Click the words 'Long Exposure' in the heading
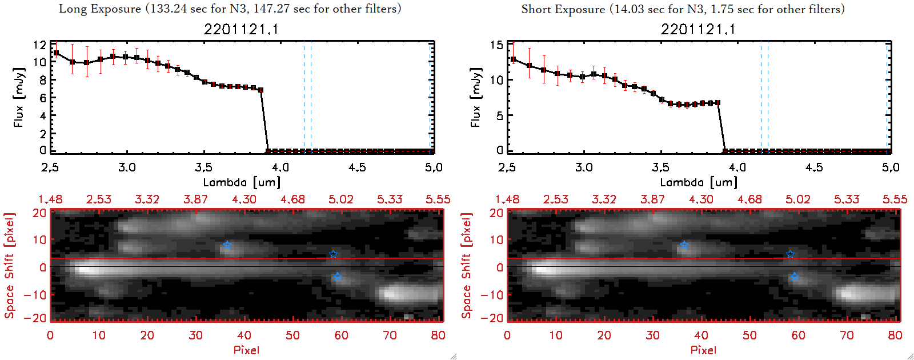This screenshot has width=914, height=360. [100, 9]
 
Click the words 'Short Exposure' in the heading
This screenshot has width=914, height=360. [563, 9]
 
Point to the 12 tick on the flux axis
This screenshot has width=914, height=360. [39, 45]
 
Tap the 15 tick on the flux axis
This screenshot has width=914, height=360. [496, 45]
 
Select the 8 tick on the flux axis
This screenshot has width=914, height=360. [43, 80]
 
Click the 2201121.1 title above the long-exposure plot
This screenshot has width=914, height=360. [241, 29]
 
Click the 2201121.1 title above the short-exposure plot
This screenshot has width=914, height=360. [698, 29]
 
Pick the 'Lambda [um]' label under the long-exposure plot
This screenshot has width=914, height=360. [242, 182]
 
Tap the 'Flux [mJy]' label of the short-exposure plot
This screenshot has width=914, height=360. [476, 97]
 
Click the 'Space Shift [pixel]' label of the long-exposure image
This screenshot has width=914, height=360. [10, 266]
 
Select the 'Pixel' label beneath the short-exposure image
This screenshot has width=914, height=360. [703, 350]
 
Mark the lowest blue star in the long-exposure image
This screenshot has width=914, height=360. [337, 277]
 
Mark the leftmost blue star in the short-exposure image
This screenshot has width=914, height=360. [684, 245]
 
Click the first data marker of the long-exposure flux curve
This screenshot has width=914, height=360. [56, 53]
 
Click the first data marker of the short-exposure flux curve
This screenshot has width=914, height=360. [513, 59]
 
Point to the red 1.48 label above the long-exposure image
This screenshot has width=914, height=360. [50, 199]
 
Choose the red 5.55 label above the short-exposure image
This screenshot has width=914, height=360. [895, 199]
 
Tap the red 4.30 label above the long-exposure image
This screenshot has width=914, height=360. [244, 199]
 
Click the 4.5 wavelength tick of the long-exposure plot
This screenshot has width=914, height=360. [357, 167]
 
